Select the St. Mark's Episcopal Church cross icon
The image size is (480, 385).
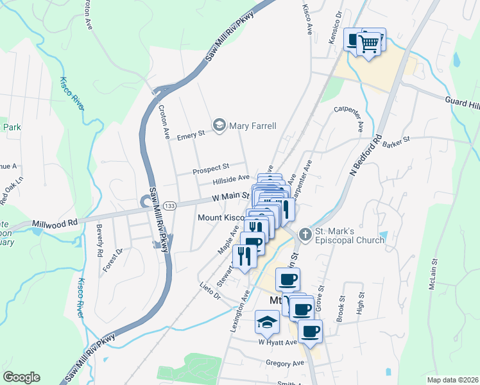pos(305,234)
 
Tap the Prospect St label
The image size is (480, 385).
pos(211,170)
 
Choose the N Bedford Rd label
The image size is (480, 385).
pos(365,158)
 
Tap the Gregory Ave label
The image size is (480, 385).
pos(284,363)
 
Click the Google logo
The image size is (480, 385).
pos(21,377)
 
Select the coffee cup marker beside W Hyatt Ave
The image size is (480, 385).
pos(311,331)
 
